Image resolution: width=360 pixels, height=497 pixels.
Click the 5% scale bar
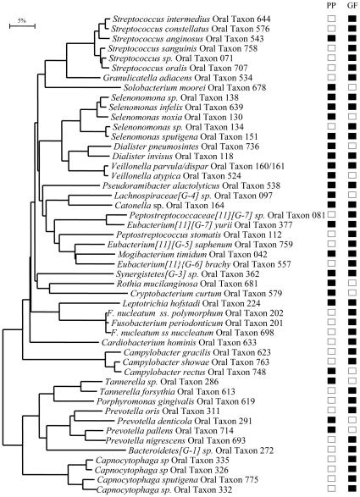coord(20,26)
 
